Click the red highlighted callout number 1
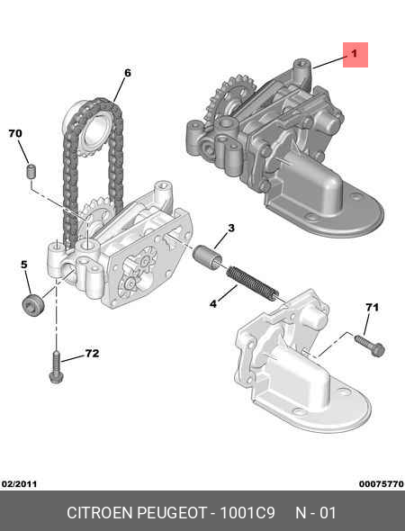pos(355,55)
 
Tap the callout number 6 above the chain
pos(127,73)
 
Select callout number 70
pos(15,133)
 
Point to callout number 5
pos(24,264)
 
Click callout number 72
pos(93,353)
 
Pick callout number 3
pos(231,228)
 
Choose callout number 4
pos(213,304)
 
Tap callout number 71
pos(372,307)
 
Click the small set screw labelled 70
pos(31,171)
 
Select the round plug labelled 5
pos(32,305)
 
